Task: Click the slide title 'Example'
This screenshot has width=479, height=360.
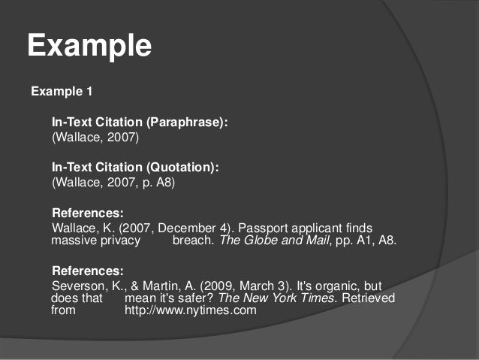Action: [x=89, y=46]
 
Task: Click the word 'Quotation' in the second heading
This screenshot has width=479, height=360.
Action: [x=185, y=168]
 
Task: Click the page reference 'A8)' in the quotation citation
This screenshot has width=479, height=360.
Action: [x=165, y=183]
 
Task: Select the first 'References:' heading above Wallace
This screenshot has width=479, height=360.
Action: [x=87, y=213]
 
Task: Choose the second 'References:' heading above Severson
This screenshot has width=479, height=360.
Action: [x=87, y=271]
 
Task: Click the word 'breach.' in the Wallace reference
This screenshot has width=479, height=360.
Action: [x=193, y=241]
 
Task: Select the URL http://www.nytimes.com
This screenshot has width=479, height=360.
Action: [x=191, y=310]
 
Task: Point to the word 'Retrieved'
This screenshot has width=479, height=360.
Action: [x=369, y=298]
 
